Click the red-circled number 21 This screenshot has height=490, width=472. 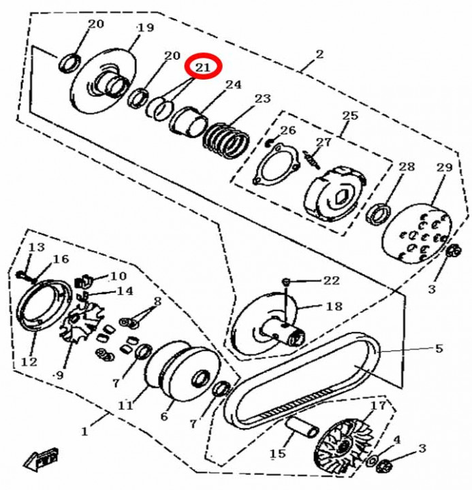204,67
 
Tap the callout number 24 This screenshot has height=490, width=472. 234,84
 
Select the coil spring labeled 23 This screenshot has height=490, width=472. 226,140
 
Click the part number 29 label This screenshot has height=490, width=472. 445,167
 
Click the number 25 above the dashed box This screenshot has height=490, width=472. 349,116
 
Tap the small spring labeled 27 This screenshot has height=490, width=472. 311,159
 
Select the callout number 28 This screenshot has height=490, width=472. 407,167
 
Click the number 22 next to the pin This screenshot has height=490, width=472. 331,280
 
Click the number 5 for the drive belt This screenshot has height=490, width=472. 439,348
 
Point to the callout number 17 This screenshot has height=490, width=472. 378,406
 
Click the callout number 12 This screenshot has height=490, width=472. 29,362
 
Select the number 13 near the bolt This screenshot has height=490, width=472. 37,247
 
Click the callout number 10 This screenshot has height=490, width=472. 119,276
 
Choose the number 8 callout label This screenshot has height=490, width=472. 157,301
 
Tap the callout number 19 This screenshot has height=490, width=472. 146,27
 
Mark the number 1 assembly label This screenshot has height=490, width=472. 84,431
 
